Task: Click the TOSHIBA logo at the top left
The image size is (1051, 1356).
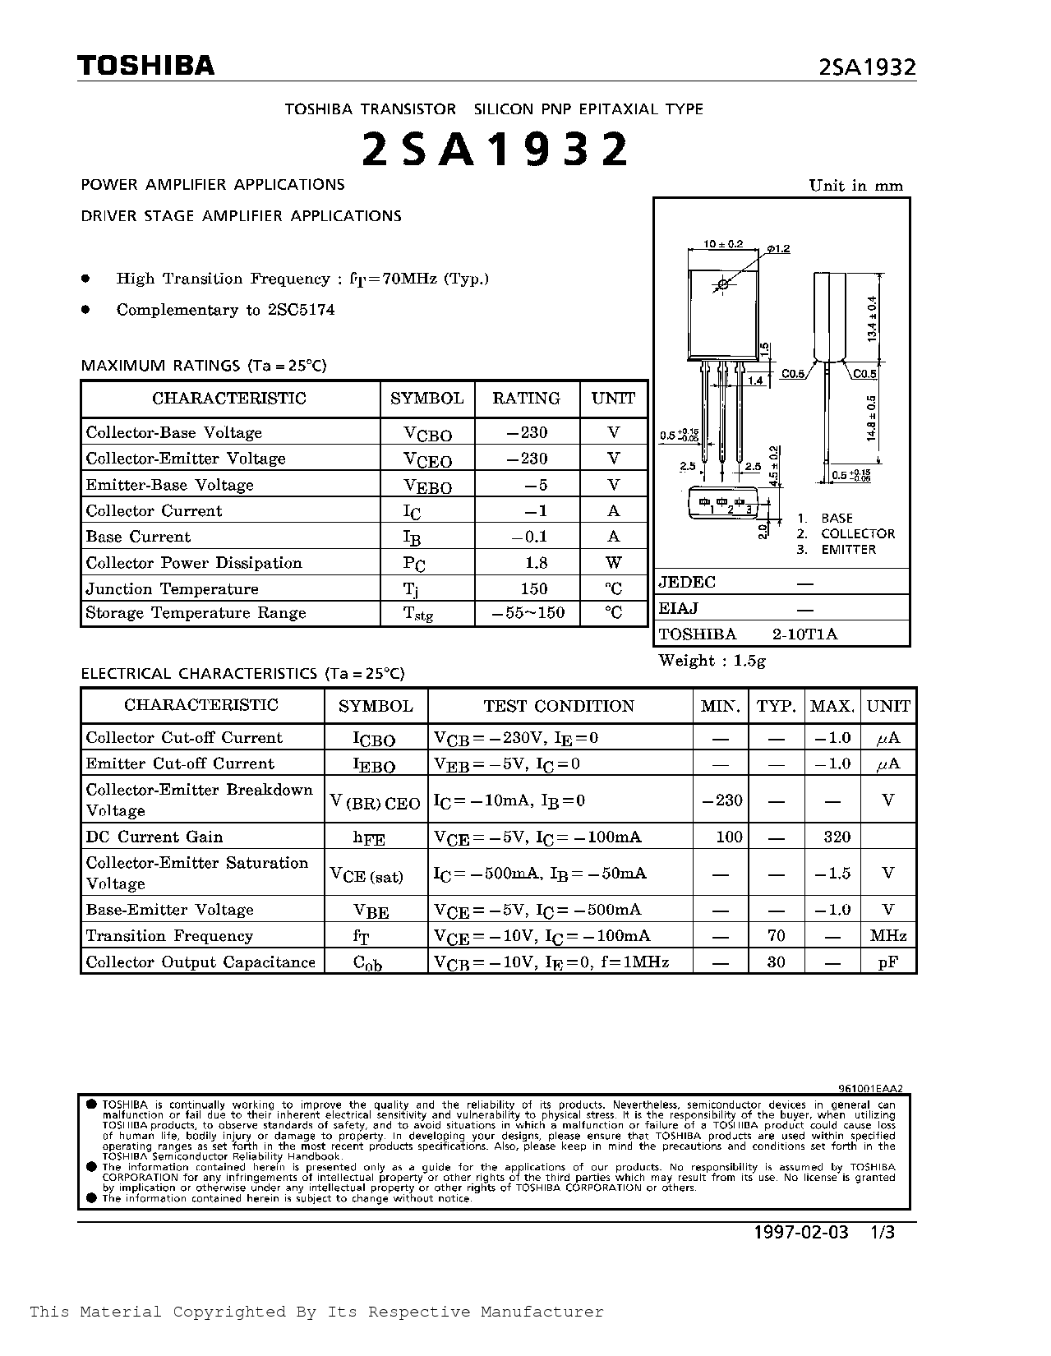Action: [x=145, y=66]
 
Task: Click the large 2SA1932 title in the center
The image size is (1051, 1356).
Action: [x=496, y=150]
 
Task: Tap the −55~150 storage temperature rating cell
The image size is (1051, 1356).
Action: [x=528, y=613]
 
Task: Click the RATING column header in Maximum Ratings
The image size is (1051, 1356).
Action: [x=526, y=399]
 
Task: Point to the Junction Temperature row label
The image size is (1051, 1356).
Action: [x=172, y=589]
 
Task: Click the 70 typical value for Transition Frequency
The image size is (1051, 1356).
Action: [x=776, y=936]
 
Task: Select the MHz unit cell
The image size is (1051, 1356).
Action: [x=887, y=936]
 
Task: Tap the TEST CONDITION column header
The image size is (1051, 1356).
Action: [x=559, y=706]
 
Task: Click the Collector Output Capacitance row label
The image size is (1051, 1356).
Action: [x=201, y=962]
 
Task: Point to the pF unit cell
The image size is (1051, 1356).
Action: [x=887, y=962]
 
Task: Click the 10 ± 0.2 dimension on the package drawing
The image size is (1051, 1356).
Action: [x=723, y=244]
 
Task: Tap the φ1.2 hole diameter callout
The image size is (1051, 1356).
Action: [x=777, y=248]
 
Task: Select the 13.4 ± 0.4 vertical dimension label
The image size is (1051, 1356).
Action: [x=874, y=319]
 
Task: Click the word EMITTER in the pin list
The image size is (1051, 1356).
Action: [x=848, y=550]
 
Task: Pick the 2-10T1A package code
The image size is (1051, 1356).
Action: [x=804, y=634]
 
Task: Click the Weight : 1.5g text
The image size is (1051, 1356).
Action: [x=712, y=661]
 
